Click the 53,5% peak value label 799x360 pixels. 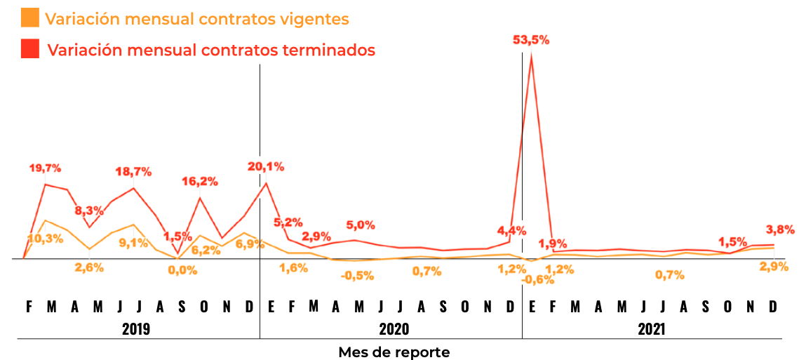(x=532, y=40)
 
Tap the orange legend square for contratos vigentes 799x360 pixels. (x=29, y=18)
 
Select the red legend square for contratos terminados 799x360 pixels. (x=29, y=49)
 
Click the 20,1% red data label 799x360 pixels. (x=266, y=166)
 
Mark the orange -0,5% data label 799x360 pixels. (x=358, y=276)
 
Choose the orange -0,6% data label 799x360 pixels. (x=538, y=280)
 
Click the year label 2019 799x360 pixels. (x=136, y=329)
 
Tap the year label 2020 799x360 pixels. (x=394, y=329)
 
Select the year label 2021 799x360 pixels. (x=652, y=329)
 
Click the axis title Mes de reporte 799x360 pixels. (x=394, y=352)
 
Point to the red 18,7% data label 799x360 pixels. (x=135, y=171)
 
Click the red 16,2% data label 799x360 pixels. (x=200, y=180)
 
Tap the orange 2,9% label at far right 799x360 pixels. (x=776, y=266)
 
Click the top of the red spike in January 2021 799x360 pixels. (x=532, y=55)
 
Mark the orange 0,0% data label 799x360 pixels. (x=183, y=270)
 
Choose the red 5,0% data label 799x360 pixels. (x=361, y=225)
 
